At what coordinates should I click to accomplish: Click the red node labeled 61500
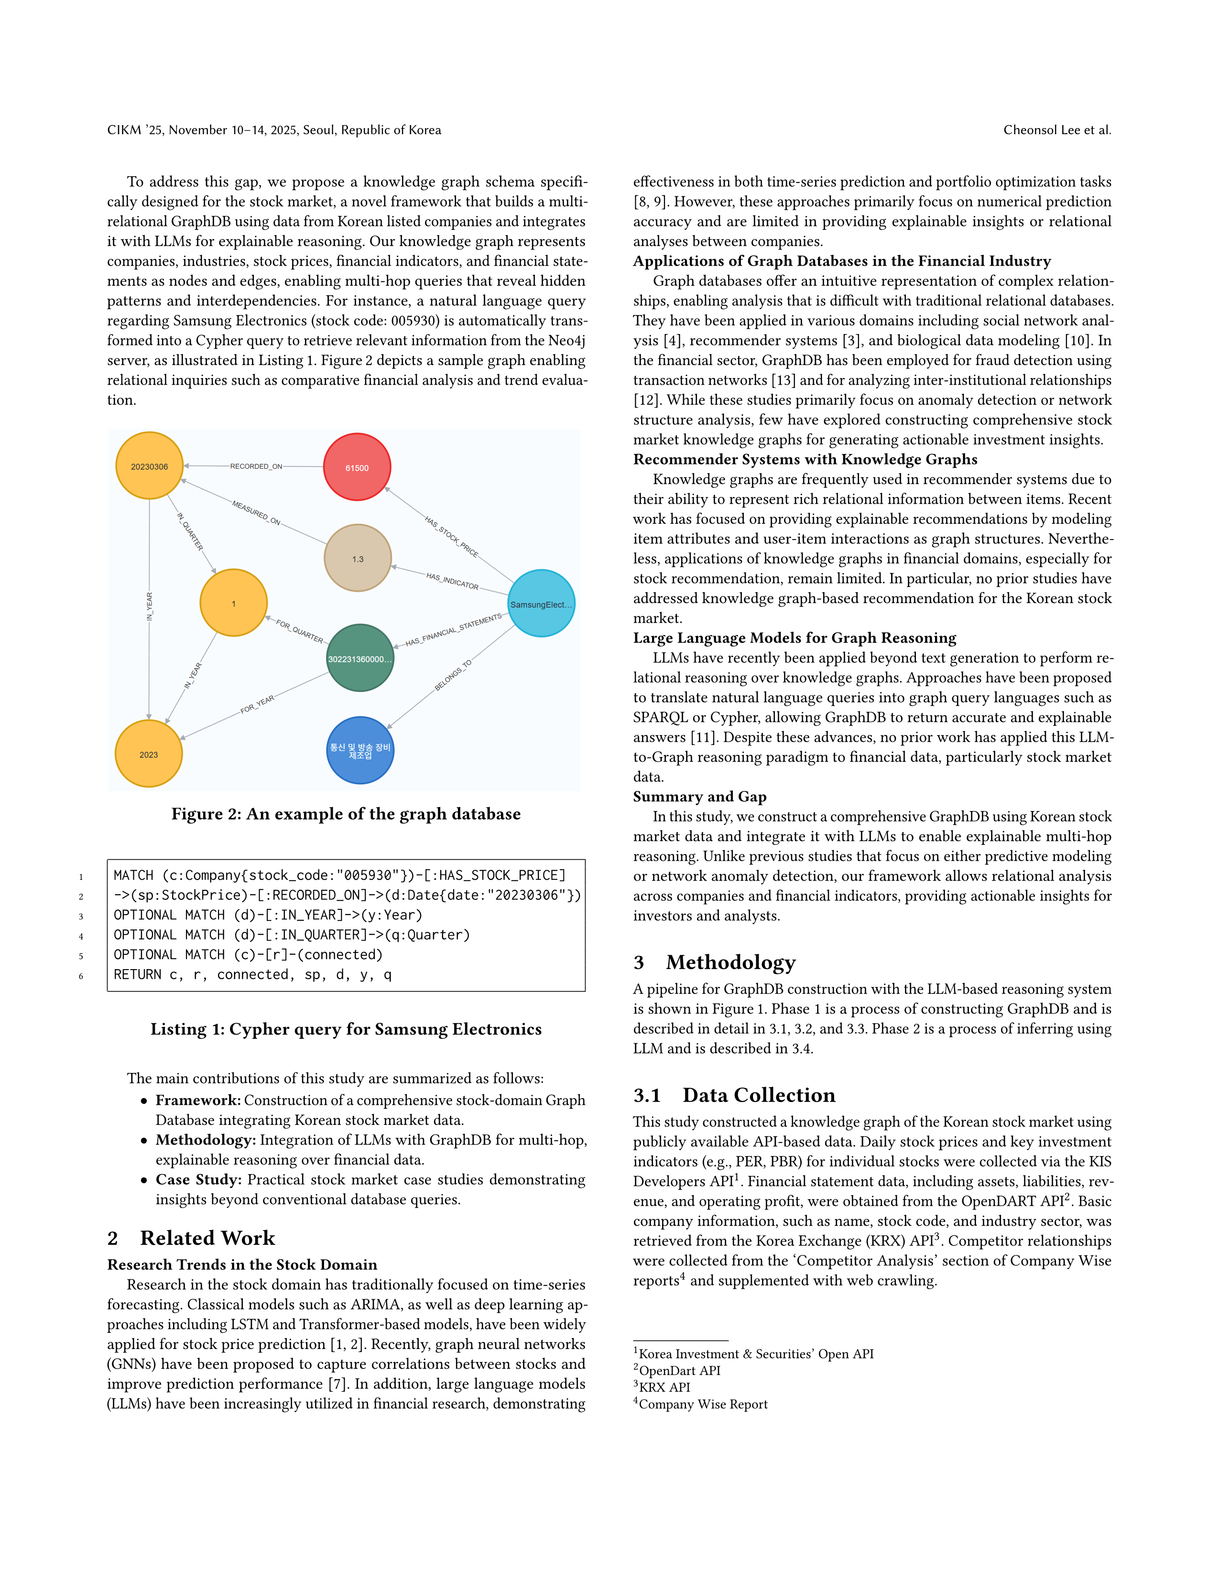[x=357, y=467]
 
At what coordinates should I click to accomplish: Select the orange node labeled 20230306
[x=150, y=466]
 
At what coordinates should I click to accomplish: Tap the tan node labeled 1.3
[x=358, y=558]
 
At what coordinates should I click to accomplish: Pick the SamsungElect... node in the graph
[x=541, y=604]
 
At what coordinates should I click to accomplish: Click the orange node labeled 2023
[x=149, y=754]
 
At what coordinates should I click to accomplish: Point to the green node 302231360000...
[x=359, y=658]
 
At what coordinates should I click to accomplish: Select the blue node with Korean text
[x=359, y=750]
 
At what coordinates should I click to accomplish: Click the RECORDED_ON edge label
[x=256, y=466]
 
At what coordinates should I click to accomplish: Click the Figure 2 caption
[x=346, y=814]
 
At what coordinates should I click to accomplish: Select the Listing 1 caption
[x=346, y=1029]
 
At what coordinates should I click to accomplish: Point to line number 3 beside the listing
[x=81, y=916]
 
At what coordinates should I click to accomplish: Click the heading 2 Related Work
[x=191, y=1238]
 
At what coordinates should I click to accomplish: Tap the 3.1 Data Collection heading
[x=734, y=1095]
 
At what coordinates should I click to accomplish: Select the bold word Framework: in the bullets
[x=198, y=1100]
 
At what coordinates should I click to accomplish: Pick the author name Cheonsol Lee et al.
[x=1056, y=130]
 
